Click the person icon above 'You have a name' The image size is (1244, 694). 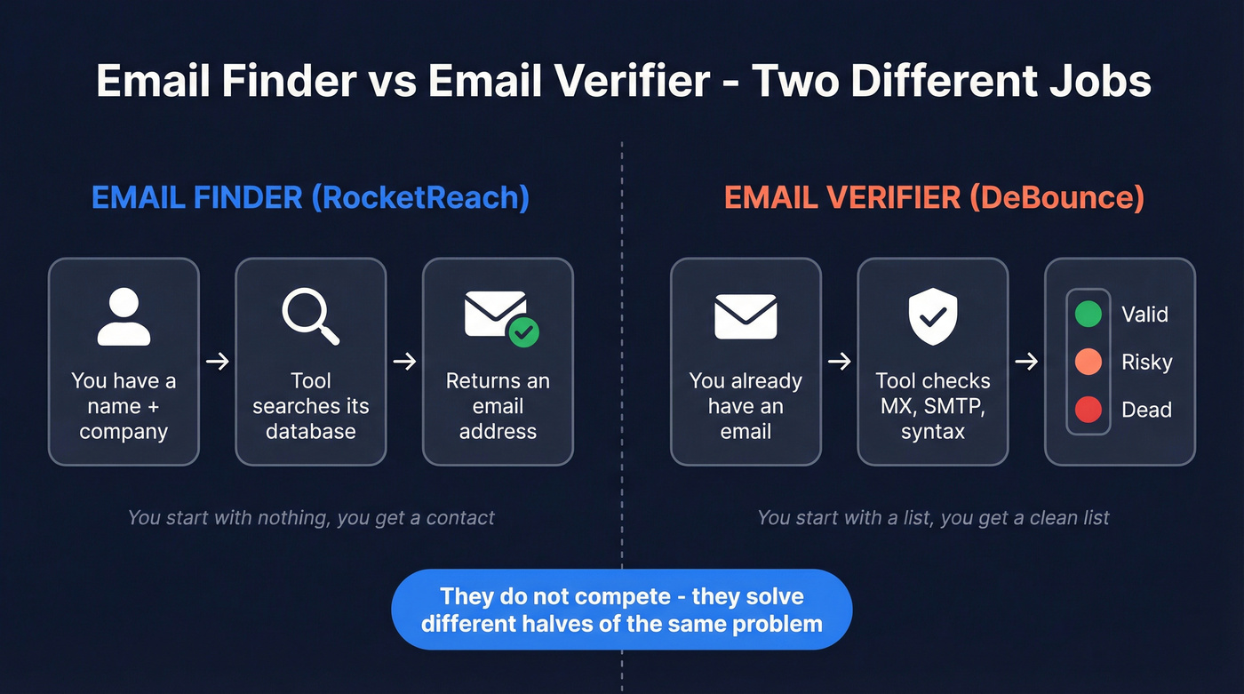point(124,316)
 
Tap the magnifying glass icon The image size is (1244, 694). point(310,316)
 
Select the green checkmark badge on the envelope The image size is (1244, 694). point(523,332)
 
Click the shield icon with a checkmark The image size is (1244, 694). point(932,316)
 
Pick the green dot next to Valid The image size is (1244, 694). point(1088,314)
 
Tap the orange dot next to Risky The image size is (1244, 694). point(1088,362)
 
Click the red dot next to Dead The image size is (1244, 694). point(1088,410)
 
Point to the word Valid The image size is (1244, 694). point(1144,315)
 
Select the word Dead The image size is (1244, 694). point(1146,411)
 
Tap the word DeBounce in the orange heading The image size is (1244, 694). point(1056,197)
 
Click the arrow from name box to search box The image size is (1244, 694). point(217,362)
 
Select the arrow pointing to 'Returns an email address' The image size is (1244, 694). point(404,362)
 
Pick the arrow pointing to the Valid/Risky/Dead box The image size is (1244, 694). point(1026,362)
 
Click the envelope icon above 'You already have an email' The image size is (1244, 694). point(746,316)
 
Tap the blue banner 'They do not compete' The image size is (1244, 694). point(621,610)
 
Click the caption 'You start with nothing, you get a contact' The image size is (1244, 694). point(311,517)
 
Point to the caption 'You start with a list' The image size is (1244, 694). point(933,517)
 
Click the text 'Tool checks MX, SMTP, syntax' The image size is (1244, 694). point(932,406)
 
